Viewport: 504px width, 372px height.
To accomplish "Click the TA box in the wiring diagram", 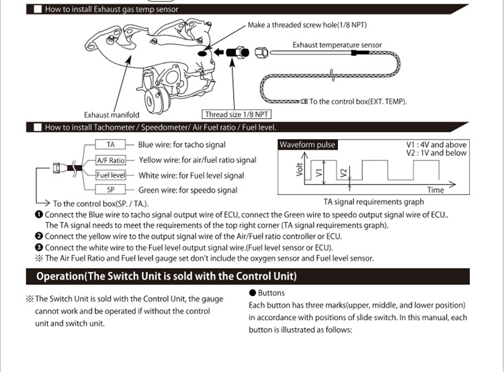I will (110, 144).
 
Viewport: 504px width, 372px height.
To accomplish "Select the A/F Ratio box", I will (111, 160).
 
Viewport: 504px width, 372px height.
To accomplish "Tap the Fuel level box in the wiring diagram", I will (111, 175).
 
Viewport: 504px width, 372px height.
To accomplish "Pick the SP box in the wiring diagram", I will (110, 190).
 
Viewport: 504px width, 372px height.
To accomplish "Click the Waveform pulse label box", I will (307, 145).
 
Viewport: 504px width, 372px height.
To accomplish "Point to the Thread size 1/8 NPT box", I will (237, 114).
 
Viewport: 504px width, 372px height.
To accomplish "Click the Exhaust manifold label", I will (112, 115).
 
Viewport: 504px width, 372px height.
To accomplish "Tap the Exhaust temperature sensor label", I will (337, 45).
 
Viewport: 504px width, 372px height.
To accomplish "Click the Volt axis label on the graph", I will (300, 170).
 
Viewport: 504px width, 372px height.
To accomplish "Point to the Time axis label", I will (435, 190).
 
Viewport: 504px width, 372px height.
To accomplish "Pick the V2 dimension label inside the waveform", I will (343, 173).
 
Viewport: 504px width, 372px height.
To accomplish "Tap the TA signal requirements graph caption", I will (374, 201).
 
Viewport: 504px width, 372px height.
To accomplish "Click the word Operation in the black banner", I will (65, 276).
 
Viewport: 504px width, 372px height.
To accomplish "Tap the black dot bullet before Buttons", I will (252, 293).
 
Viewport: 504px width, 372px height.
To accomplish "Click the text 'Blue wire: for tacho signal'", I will (181, 144).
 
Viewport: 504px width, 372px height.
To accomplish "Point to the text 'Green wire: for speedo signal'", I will (187, 190).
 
